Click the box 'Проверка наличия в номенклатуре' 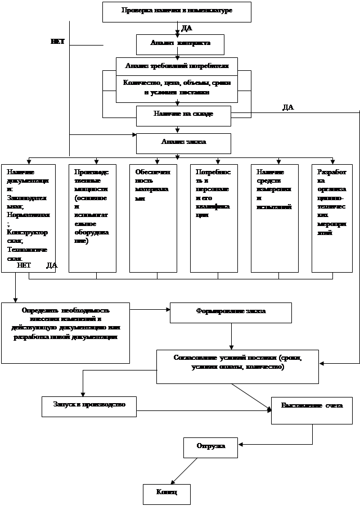[x=177, y=11]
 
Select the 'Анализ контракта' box [x=180, y=44]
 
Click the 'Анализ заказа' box [x=183, y=143]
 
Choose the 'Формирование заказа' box [x=231, y=313]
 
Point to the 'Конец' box [x=166, y=494]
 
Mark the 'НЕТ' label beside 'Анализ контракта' [x=57, y=42]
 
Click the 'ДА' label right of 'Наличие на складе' [x=288, y=107]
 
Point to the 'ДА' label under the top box [x=187, y=28]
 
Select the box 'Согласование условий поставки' [x=237, y=366]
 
